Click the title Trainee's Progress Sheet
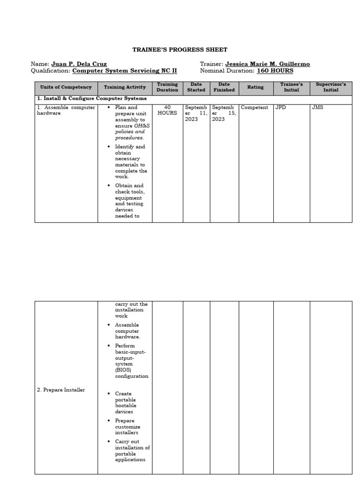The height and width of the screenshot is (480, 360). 180,50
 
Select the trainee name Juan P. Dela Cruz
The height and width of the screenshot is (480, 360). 79,64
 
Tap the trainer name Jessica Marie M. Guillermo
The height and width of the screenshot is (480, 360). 267,64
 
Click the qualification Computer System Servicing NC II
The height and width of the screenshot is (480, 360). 125,71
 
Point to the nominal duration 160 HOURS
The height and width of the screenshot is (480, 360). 275,71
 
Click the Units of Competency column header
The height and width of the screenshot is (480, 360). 66,87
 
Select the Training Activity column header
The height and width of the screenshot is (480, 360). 125,87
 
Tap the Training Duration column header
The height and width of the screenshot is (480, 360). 167,87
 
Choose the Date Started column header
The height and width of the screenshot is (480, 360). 196,87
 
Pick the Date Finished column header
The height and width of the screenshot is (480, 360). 224,87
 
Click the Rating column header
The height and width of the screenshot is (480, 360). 255,87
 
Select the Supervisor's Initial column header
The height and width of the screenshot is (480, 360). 330,87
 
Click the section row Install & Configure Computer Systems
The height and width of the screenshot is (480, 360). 92,99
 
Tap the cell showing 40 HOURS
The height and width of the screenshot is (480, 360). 167,110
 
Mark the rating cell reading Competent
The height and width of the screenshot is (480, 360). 255,107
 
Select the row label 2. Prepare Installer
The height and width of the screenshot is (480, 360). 61,390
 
